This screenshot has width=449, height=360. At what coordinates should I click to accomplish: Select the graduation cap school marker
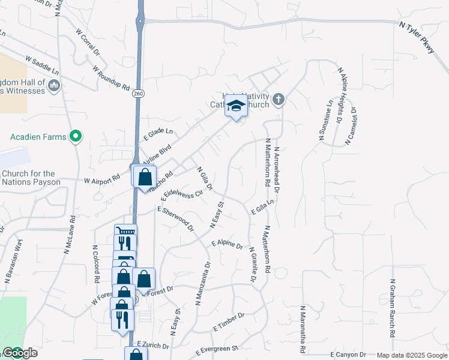236,107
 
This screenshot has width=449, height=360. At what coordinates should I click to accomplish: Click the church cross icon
278,99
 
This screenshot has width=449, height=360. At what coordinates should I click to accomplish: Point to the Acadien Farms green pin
76,137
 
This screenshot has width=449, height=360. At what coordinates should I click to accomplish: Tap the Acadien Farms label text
38,137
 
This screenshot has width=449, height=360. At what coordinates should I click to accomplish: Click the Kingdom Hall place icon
54,86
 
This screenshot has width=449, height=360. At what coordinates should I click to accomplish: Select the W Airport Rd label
103,181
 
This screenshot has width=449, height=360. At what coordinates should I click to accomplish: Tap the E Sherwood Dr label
176,218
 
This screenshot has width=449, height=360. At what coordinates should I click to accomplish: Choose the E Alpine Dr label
226,245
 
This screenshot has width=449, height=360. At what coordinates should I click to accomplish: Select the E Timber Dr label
229,322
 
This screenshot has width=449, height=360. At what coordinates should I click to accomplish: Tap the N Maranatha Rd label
303,329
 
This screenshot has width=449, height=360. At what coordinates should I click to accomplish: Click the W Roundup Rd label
112,78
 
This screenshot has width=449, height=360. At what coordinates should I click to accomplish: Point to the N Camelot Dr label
351,127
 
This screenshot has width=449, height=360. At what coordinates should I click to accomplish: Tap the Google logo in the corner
20,353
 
